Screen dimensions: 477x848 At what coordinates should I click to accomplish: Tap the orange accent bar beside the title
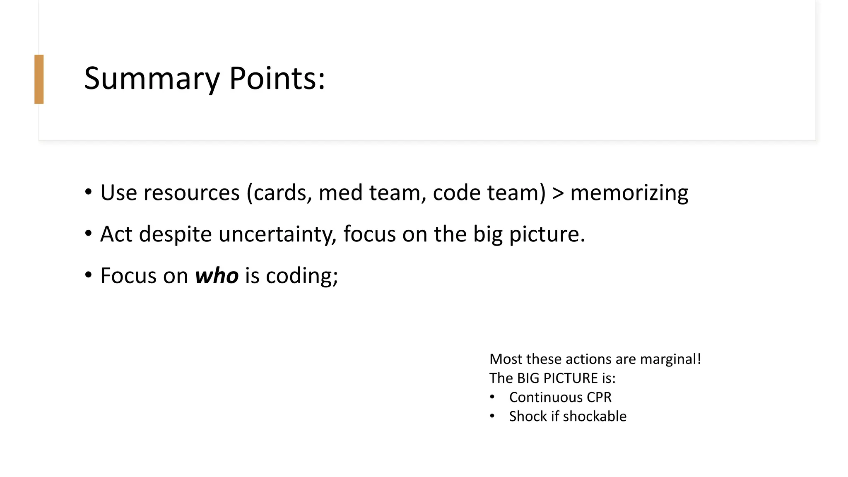39,79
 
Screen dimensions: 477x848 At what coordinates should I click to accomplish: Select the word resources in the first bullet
191,193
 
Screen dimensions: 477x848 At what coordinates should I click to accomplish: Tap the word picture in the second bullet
547,234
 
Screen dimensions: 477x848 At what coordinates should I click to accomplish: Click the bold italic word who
217,276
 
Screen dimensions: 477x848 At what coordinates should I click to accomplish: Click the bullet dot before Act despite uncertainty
88,234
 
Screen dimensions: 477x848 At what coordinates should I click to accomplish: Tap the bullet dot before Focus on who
88,275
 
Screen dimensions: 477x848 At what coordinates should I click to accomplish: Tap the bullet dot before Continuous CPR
492,397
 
